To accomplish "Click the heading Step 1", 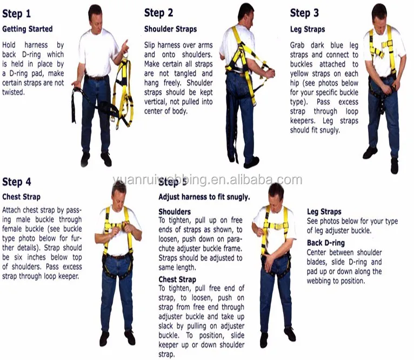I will click(x=17, y=13).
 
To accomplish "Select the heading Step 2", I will click(x=158, y=13).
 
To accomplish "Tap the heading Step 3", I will click(x=304, y=13).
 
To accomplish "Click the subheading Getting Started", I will click(x=28, y=29).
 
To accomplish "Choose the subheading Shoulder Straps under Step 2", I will click(x=170, y=29).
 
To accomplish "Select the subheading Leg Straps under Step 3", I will click(x=308, y=29).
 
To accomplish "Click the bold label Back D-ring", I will click(x=325, y=243).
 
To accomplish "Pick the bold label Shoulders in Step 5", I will click(x=175, y=211).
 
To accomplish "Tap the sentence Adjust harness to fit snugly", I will click(x=204, y=197).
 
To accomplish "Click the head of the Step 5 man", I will click(x=276, y=192).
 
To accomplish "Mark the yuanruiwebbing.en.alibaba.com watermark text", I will click(x=207, y=180).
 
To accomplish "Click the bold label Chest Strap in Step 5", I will click(x=177, y=279).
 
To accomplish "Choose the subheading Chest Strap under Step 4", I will click(x=21, y=197).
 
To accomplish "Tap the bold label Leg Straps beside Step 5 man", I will click(x=324, y=212).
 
